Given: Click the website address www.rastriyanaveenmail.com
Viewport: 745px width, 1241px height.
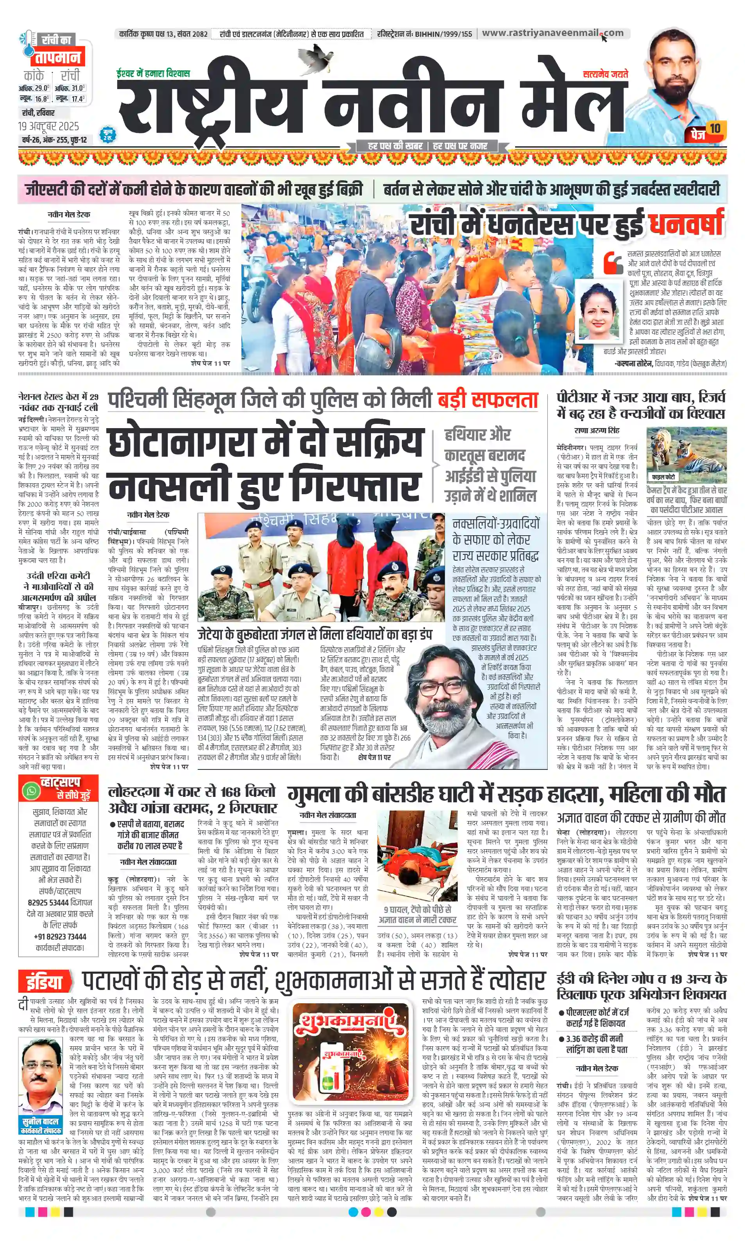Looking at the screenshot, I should click(x=552, y=33).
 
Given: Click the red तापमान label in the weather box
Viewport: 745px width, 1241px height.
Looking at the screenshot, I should click(x=57, y=57).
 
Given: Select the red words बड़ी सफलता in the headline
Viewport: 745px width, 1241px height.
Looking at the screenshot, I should click(x=488, y=400).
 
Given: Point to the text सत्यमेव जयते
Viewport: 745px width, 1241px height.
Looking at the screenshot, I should click(x=605, y=74).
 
